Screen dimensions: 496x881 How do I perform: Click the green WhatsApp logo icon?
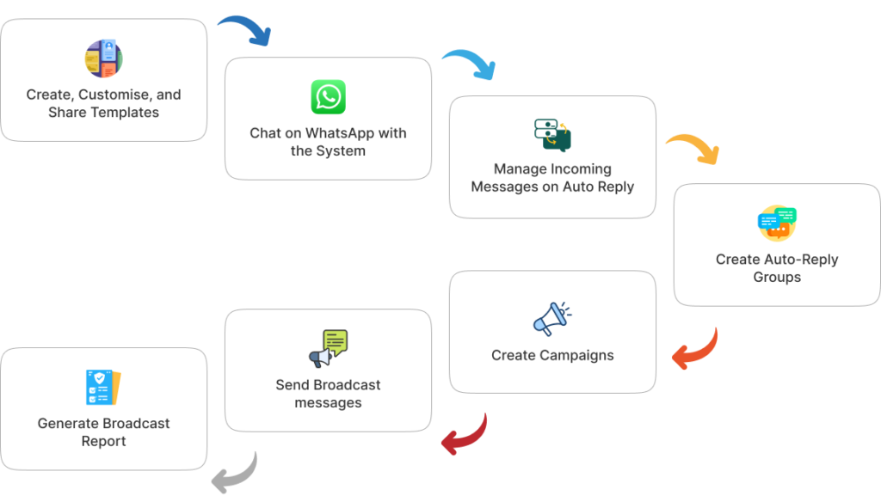(328, 97)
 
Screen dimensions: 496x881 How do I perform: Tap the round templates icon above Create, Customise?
(103, 58)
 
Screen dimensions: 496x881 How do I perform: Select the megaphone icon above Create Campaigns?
(551, 318)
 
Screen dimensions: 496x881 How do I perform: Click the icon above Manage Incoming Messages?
(552, 136)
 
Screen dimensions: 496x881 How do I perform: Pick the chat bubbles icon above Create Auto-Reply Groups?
(777, 224)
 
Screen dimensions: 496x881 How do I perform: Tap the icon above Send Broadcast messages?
(328, 348)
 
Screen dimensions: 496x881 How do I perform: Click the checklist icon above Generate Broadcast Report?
(103, 388)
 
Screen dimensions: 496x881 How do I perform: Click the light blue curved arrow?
(469, 64)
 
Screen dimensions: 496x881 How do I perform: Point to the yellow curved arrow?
(693, 148)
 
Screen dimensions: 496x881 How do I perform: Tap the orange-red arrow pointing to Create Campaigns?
(694, 348)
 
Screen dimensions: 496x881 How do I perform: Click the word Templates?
(128, 113)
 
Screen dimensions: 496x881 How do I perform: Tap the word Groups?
(777, 277)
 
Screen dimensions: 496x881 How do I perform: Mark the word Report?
(103, 441)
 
